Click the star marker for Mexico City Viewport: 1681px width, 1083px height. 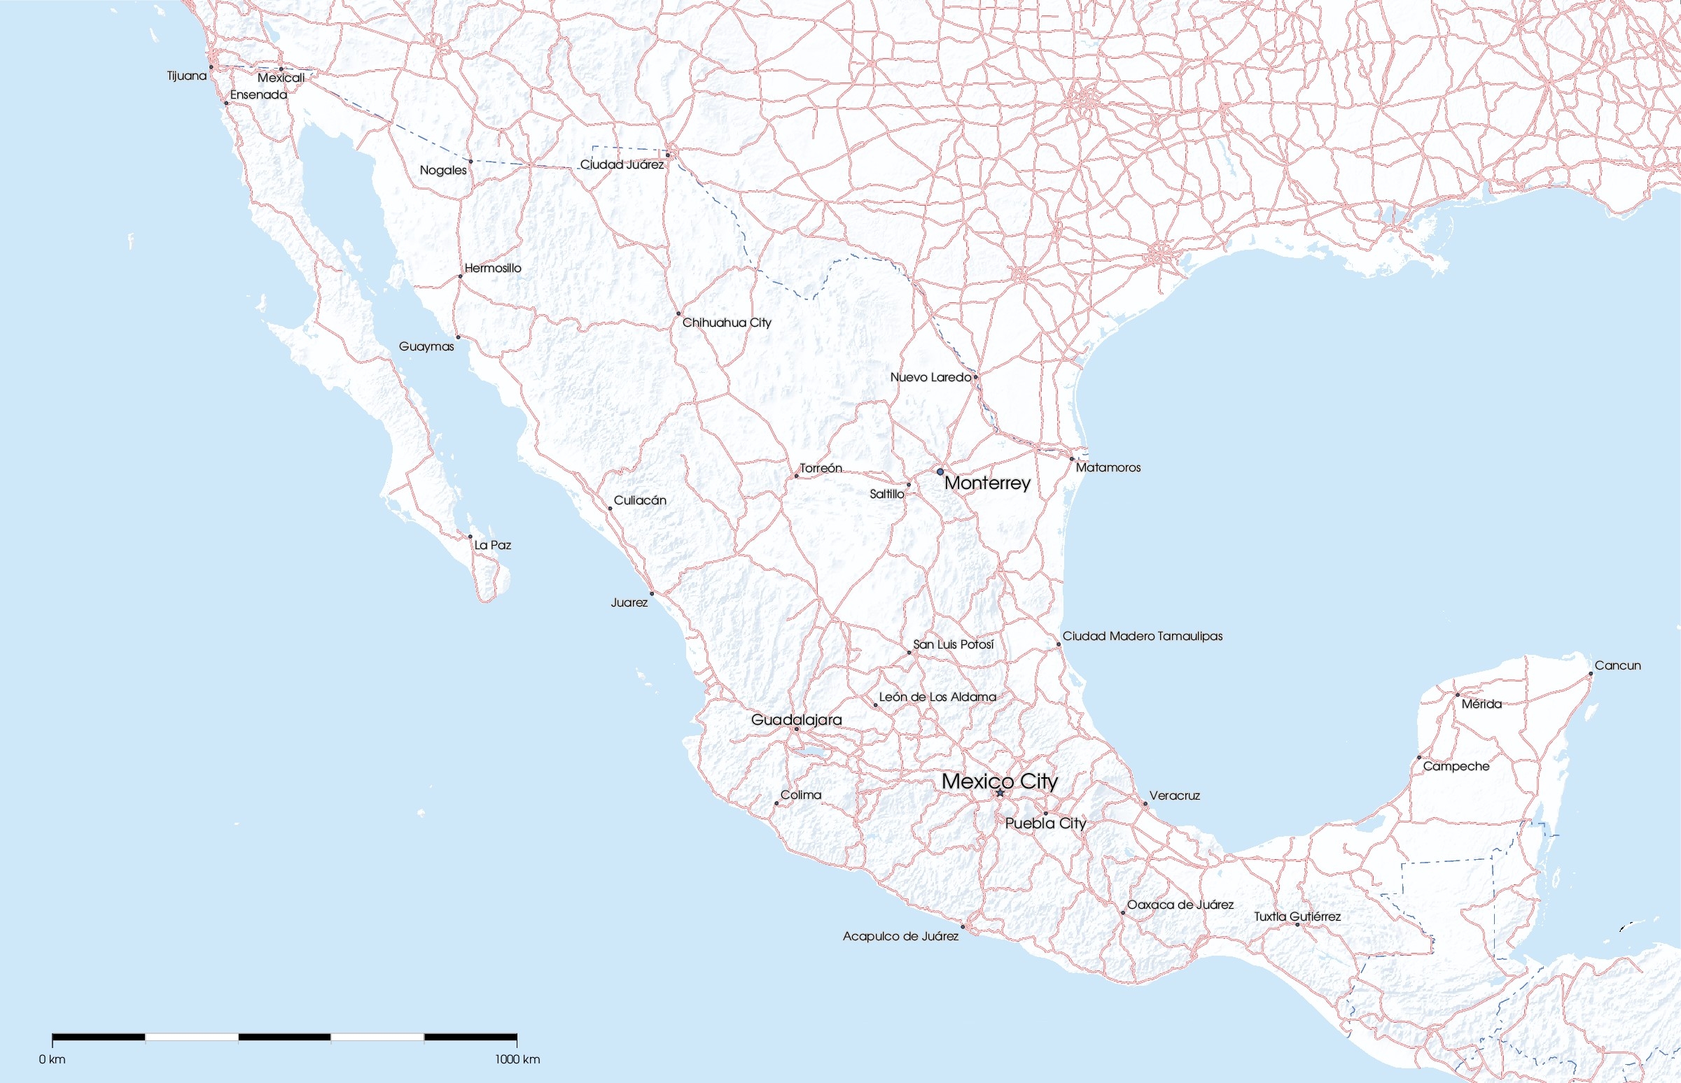pyautogui.click(x=1000, y=793)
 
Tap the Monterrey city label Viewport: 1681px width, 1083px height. pyautogui.click(x=986, y=483)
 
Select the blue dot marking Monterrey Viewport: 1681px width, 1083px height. pyautogui.click(x=940, y=471)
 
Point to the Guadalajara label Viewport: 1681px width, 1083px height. pyautogui.click(x=796, y=719)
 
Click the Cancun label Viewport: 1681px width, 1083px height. pyautogui.click(x=1617, y=665)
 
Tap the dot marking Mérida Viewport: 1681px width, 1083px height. pyautogui.click(x=1457, y=695)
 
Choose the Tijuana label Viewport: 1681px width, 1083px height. pyautogui.click(x=186, y=76)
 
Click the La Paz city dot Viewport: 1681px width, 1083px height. pyautogui.click(x=470, y=537)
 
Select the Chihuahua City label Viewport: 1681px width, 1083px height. pyautogui.click(x=726, y=323)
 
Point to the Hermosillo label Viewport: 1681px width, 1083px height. pyautogui.click(x=493, y=268)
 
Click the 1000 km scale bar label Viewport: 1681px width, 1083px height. pyautogui.click(x=517, y=1059)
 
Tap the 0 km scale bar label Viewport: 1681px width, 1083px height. pyautogui.click(x=52, y=1059)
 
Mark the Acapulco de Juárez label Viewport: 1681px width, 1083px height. pyautogui.click(x=900, y=936)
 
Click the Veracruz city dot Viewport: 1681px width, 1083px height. pyautogui.click(x=1145, y=804)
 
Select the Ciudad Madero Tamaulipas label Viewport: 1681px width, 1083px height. pyautogui.click(x=1142, y=637)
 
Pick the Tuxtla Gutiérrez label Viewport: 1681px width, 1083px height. pyautogui.click(x=1297, y=916)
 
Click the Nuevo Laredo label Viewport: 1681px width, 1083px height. pyautogui.click(x=930, y=377)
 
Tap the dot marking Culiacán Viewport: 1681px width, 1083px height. pyautogui.click(x=610, y=508)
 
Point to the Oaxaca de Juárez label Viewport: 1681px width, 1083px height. pyautogui.click(x=1180, y=905)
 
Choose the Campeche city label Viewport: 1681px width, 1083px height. pyautogui.click(x=1456, y=766)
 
